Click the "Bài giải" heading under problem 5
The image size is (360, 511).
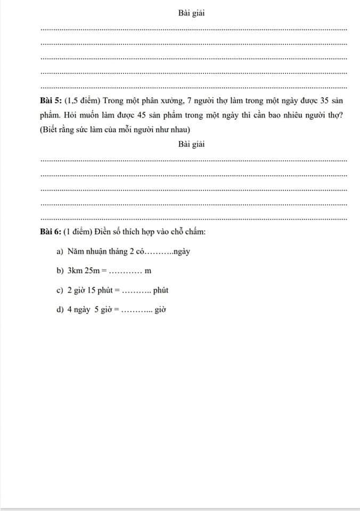[x=192, y=144]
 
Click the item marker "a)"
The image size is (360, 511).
[x=60, y=252]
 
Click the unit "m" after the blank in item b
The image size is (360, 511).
[x=148, y=271]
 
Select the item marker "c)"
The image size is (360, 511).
[x=60, y=291]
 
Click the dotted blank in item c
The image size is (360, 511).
[x=136, y=292]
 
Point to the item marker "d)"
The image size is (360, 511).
[x=60, y=310]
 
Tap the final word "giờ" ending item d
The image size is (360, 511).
[x=161, y=310]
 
